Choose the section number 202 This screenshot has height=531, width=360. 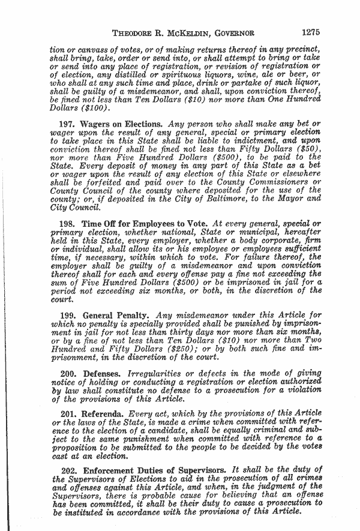tap(71, 472)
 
